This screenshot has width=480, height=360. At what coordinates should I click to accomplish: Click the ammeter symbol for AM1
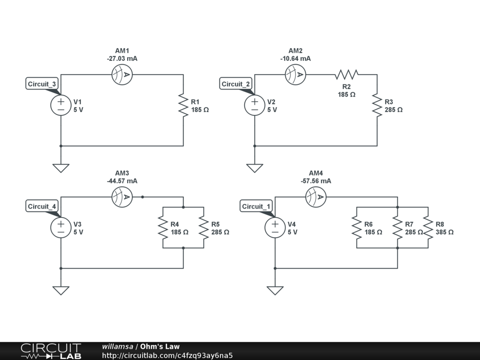pos(122,75)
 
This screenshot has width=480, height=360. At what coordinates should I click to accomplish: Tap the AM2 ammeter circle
pos(295,75)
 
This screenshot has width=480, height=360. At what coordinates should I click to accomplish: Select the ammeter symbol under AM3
pos(122,197)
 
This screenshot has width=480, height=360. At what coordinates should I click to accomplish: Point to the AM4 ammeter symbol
pos(316,197)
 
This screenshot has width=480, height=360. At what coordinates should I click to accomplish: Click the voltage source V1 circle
pos(61,105)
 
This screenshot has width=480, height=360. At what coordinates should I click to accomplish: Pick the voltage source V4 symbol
pos(275,228)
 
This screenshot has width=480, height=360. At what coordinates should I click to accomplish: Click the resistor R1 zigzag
pos(183,105)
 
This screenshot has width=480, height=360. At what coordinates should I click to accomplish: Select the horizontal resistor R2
pos(346,75)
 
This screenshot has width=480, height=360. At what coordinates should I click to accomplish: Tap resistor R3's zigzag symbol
pos(377,105)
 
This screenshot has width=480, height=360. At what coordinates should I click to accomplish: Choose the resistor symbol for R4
pos(163,228)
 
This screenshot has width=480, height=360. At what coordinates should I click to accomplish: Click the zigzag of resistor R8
pos(428,228)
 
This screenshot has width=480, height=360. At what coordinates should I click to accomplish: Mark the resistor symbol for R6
pos(357,228)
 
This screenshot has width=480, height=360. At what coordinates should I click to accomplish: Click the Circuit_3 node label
pos(42,84)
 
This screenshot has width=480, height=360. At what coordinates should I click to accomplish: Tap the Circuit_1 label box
pos(256,206)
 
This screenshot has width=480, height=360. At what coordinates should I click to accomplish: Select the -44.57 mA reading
pos(122,181)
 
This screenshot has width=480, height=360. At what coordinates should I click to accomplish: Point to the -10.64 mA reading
pos(295,59)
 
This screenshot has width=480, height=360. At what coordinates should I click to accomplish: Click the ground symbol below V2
pos(255,168)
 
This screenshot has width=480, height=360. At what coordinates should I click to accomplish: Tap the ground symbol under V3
pos(61,291)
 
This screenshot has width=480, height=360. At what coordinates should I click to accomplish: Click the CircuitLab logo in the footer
pos(51,351)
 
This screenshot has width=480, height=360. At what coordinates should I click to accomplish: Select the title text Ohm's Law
pos(160,346)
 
